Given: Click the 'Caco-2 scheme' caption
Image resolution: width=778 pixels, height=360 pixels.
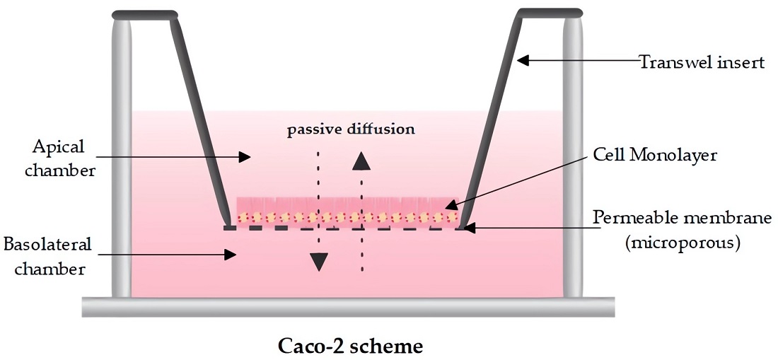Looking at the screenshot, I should (350, 347).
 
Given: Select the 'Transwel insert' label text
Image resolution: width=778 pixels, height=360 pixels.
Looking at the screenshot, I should (702, 62).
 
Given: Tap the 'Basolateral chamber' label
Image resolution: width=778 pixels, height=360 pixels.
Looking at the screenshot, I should (48, 256).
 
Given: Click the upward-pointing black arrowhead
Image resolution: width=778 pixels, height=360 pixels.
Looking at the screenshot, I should (361, 161).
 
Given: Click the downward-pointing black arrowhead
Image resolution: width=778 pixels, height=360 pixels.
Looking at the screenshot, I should (320, 261).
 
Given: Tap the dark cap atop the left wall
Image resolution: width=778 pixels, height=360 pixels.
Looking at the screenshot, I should (145, 14).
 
